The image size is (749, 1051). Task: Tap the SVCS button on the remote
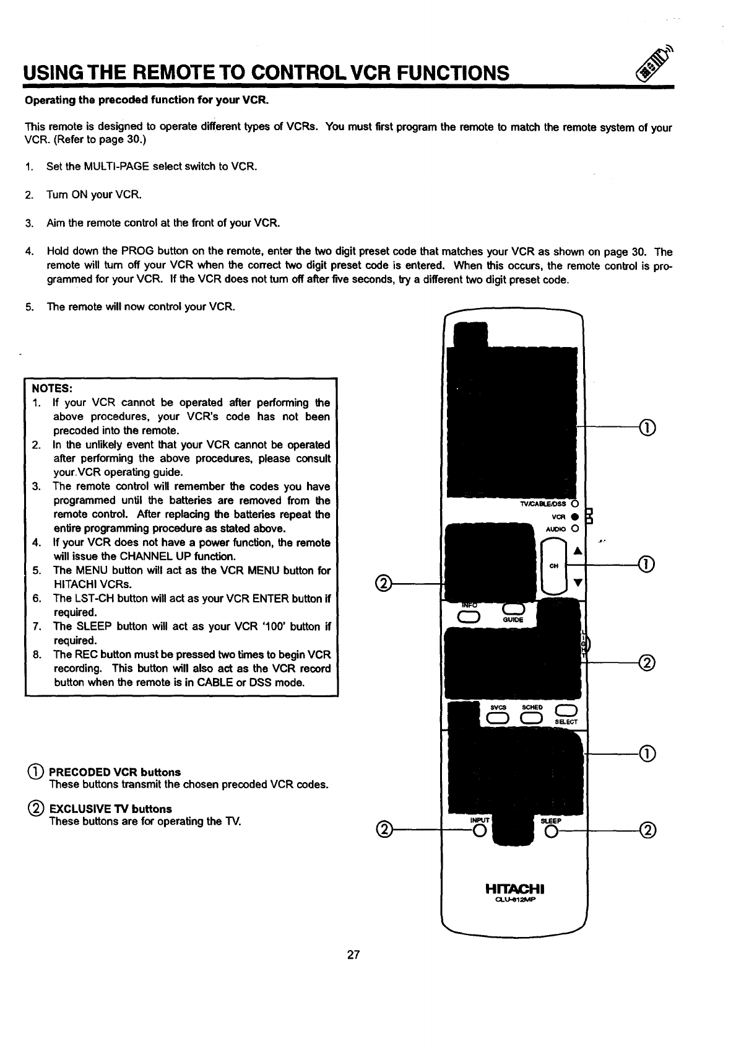coord(498,718)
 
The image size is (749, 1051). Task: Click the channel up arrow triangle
coord(578,551)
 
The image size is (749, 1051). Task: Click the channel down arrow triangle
coord(578,583)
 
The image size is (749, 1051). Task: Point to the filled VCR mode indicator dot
coord(574,516)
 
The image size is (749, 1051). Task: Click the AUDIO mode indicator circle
coord(574,529)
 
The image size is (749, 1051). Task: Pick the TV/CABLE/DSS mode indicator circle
coord(574,504)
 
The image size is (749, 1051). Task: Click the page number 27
coord(353,954)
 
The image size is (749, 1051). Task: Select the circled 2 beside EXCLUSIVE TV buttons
coord(35,809)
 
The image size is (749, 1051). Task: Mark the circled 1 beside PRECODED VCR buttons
coord(35,772)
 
